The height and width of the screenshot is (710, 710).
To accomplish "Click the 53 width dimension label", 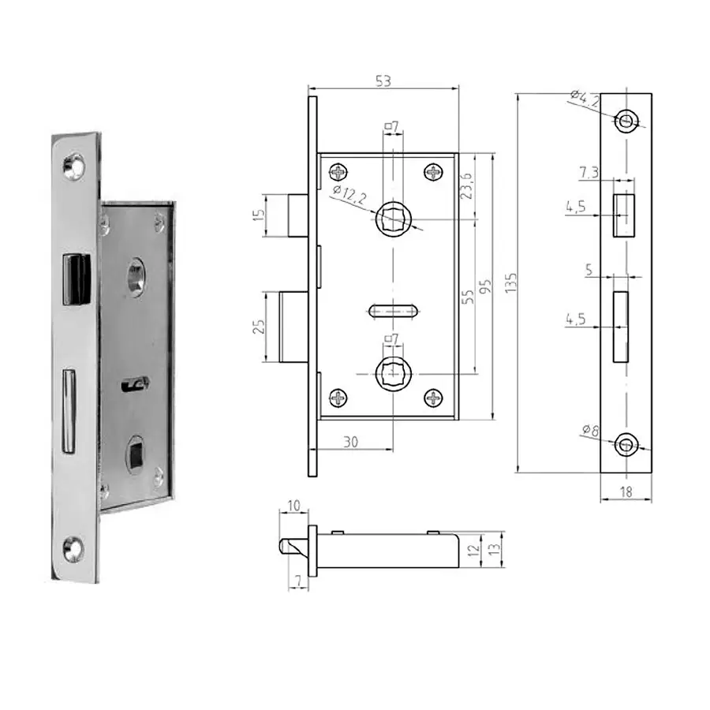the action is point(383,81).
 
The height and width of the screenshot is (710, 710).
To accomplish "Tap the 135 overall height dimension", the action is point(510,282).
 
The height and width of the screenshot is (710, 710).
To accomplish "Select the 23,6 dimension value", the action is point(466,185).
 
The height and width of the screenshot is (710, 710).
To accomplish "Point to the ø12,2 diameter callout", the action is point(349,196).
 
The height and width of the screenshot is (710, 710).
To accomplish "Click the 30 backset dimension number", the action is point(350,442).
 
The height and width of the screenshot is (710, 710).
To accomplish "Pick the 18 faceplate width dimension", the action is point(626,491).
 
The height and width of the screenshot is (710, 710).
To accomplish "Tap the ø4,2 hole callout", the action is point(585,99).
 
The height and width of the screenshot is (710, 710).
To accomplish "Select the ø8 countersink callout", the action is point(590,430).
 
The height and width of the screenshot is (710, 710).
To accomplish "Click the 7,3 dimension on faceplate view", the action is point(589,173).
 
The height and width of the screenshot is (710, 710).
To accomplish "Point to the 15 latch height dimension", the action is point(258,215).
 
